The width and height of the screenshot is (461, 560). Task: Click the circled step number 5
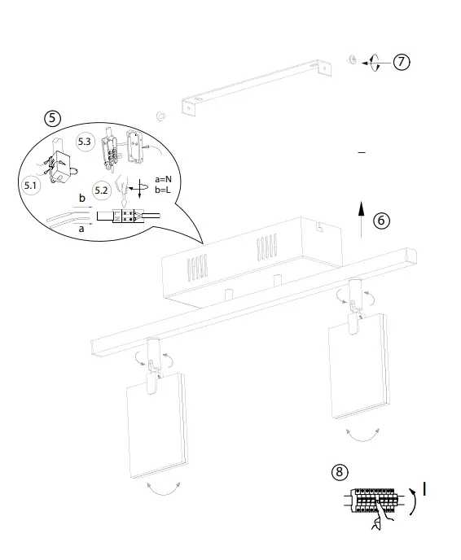(52, 118)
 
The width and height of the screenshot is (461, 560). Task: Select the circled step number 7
(402, 62)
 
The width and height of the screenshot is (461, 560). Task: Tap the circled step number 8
(340, 471)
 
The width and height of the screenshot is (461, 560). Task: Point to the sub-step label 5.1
(32, 186)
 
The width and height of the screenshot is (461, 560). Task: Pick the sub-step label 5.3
(86, 142)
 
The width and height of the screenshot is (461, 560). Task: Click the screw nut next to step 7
(352, 61)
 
